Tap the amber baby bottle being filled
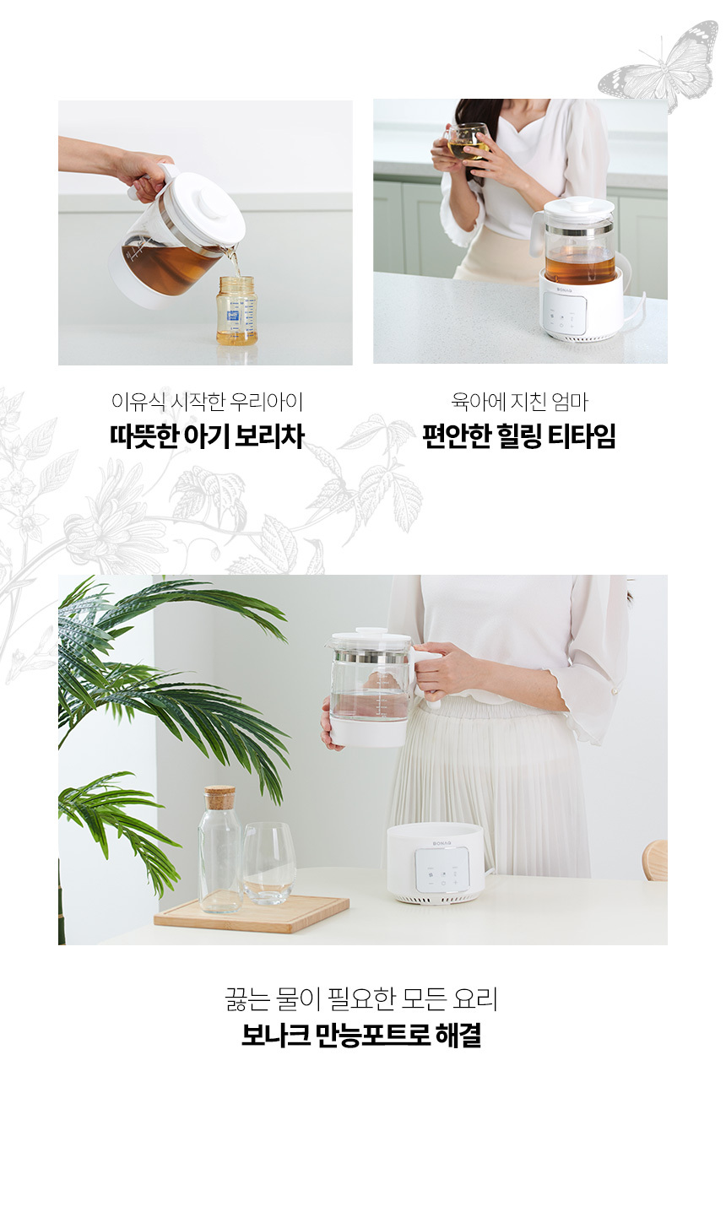(x=236, y=311)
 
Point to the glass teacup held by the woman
(x=467, y=142)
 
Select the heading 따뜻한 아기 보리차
(x=208, y=436)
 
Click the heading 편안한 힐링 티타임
(x=519, y=436)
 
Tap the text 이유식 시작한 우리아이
(x=208, y=401)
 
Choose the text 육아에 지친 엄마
(x=519, y=401)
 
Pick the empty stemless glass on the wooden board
(x=269, y=863)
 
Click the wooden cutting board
(x=252, y=913)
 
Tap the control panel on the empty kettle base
(x=442, y=869)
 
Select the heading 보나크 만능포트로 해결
(x=361, y=1036)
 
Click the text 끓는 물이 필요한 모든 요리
(x=361, y=998)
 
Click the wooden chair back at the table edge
(x=655, y=860)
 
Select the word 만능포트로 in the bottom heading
(x=372, y=1036)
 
